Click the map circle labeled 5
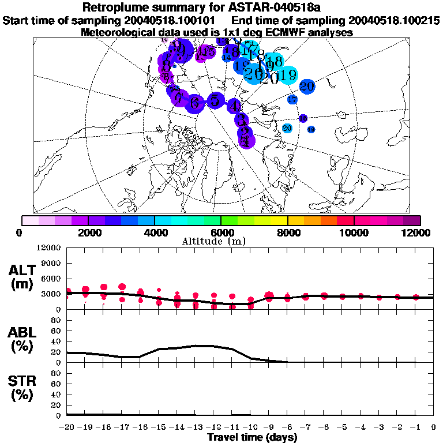pyautogui.click(x=215, y=100)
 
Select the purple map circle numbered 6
pyautogui.click(x=195, y=103)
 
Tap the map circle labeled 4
pyautogui.click(x=234, y=106)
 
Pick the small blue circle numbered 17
pyautogui.click(x=292, y=100)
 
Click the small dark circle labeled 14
pyautogui.click(x=227, y=57)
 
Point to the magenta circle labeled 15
pyautogui.click(x=209, y=52)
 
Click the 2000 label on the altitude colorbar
pyautogui.click(x=88, y=232)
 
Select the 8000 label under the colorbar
pyautogui.click(x=287, y=232)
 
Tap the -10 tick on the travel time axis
pyautogui.click(x=250, y=427)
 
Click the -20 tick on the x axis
pyautogui.click(x=67, y=427)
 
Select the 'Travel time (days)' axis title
pyautogui.click(x=252, y=438)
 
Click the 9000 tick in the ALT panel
pyautogui.click(x=51, y=263)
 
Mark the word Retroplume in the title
pyautogui.click(x=113, y=8)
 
